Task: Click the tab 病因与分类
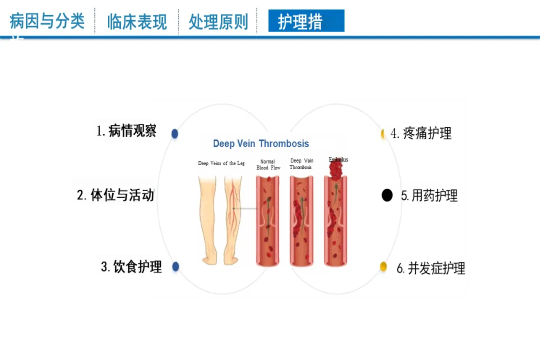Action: (47, 21)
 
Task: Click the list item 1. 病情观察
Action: (126, 131)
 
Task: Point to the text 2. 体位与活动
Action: (115, 194)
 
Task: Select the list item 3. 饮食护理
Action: (131, 267)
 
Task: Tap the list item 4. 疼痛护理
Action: (421, 133)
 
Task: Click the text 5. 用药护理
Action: (429, 195)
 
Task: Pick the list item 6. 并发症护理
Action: (431, 268)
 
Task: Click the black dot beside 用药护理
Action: (387, 195)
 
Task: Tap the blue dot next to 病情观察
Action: (174, 133)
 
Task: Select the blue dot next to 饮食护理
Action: (175, 266)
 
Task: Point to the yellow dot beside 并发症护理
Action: (383, 266)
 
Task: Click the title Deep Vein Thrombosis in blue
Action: (261, 143)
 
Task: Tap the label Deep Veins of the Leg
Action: (221, 163)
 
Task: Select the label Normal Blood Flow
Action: (268, 164)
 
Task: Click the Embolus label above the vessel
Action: (338, 159)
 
